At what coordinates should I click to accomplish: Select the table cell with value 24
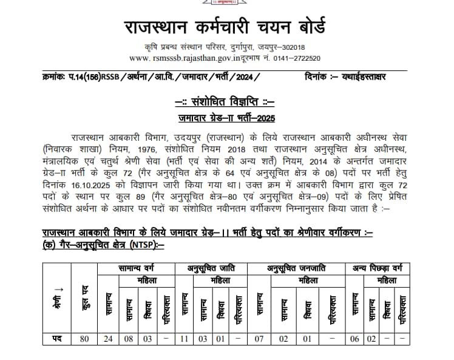(x=108, y=339)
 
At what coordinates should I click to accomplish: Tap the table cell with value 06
(x=354, y=339)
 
